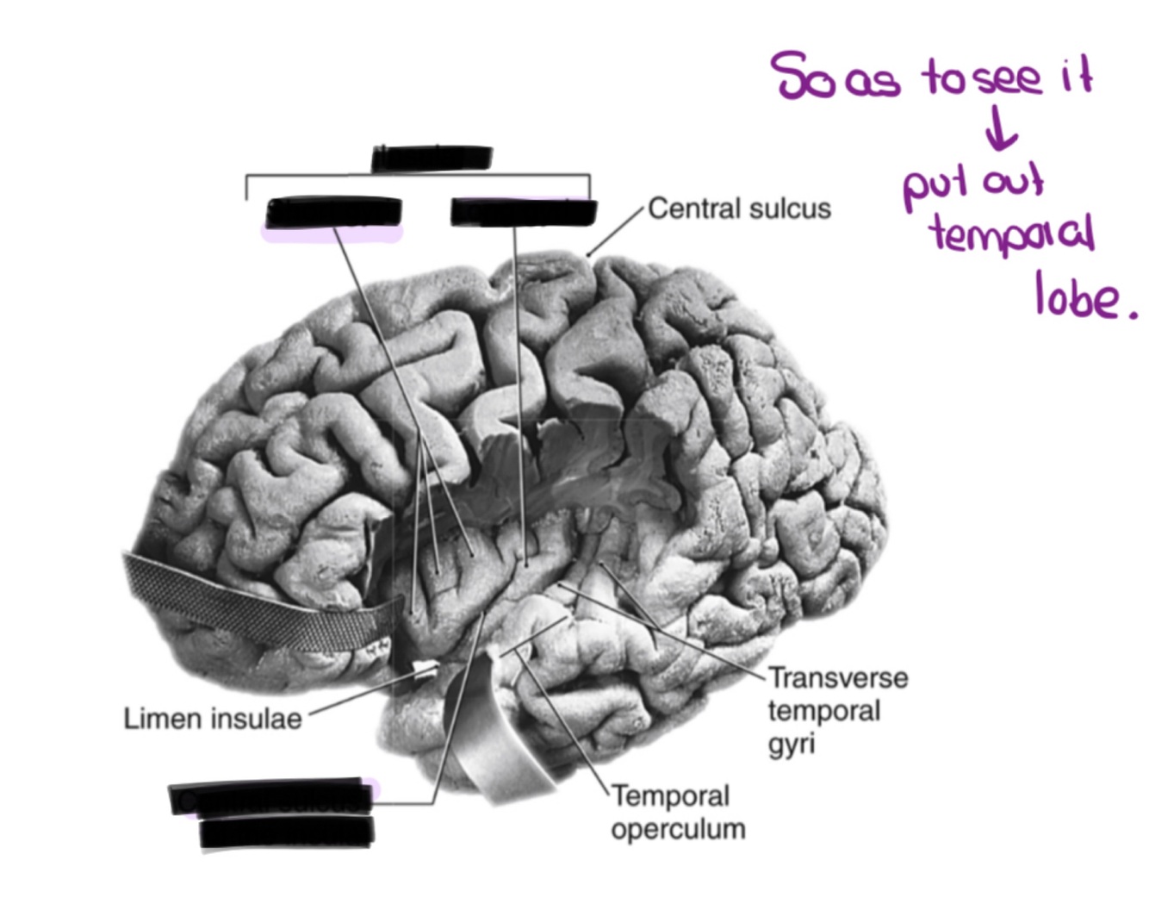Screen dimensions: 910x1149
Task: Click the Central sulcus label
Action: (739, 209)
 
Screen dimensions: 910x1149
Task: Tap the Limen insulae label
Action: (212, 719)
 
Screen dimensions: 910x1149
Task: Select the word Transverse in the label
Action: (838, 678)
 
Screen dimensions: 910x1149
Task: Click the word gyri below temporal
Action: (791, 744)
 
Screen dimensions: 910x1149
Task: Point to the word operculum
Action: (678, 829)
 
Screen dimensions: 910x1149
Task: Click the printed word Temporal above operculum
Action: (670, 795)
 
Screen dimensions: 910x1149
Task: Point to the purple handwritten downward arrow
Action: (1001, 131)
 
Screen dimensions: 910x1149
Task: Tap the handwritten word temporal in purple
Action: (1012, 234)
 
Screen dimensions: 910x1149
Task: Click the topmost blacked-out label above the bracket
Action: (432, 159)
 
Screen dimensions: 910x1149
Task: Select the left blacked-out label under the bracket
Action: (333, 213)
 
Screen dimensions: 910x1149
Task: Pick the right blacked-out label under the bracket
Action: (524, 212)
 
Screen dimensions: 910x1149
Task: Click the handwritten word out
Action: (1013, 182)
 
